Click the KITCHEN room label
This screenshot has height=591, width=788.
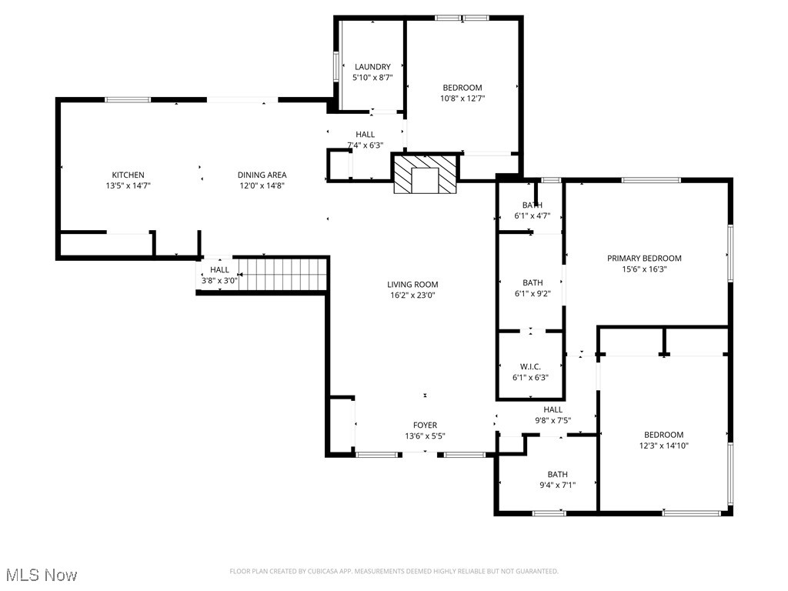(128, 175)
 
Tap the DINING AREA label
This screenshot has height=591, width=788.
(262, 175)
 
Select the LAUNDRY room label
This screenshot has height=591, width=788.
(372, 67)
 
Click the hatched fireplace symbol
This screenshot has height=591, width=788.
(425, 174)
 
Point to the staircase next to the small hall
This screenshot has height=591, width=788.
(282, 275)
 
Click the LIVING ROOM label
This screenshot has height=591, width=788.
(412, 284)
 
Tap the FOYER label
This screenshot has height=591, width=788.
(425, 425)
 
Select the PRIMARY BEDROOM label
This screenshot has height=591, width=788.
(644, 259)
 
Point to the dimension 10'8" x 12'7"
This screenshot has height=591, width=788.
(462, 98)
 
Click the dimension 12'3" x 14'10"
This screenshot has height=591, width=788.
(663, 446)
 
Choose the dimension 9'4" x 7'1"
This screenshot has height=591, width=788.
(558, 485)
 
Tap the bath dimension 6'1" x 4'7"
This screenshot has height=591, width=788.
(532, 216)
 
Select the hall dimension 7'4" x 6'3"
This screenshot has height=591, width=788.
(365, 145)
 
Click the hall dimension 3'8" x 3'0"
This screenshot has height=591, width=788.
(219, 281)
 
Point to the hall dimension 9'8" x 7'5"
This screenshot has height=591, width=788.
(553, 420)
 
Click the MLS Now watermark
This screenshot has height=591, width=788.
(41, 575)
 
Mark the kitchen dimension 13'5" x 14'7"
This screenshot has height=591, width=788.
(128, 185)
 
